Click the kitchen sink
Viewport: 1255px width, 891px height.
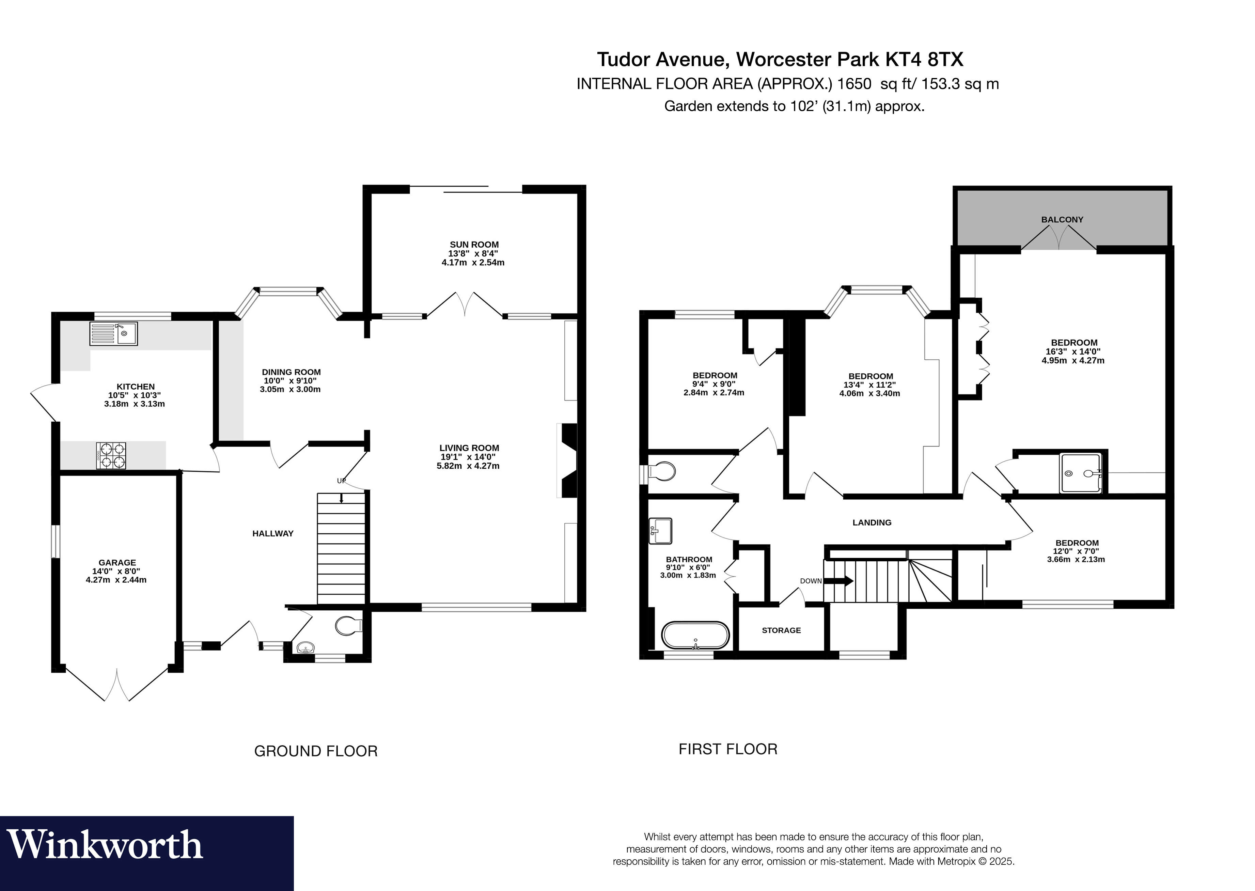click(113, 333)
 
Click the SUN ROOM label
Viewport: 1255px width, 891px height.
click(474, 245)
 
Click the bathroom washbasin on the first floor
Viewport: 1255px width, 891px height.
click(660, 531)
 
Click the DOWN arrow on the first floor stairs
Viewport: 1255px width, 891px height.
click(839, 580)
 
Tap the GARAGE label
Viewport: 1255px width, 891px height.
click(117, 562)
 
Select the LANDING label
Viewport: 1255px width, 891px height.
click(872, 522)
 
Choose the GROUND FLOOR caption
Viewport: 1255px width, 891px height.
click(316, 751)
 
